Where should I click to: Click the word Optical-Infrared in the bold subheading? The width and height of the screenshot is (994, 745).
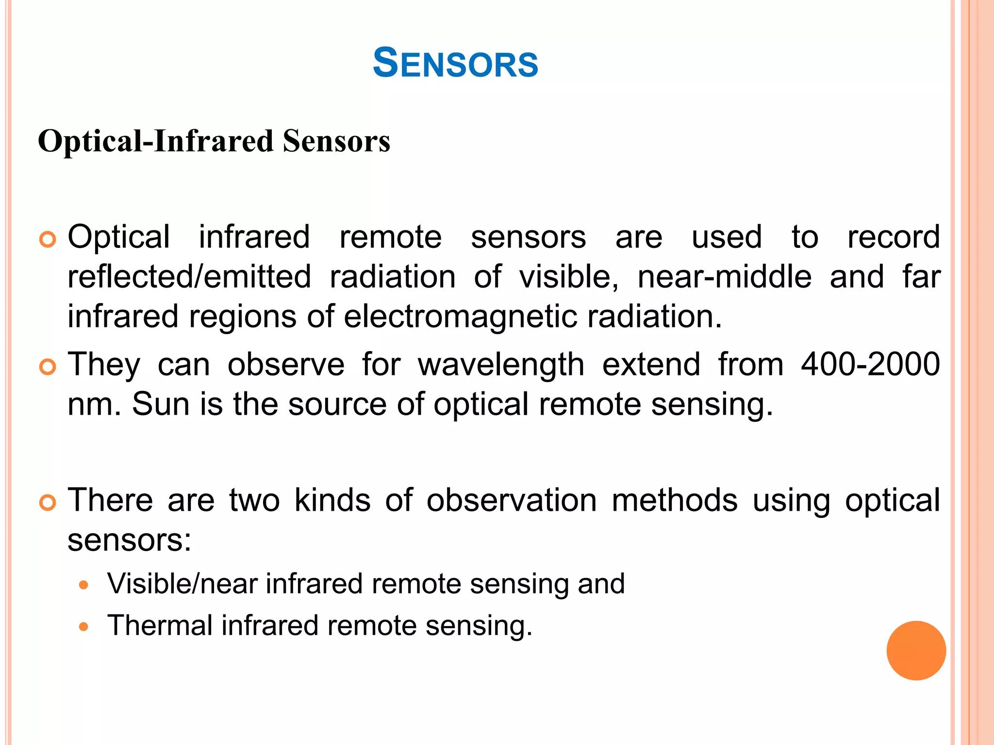pos(156,141)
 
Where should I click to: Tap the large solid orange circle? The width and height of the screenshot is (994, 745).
pos(916,650)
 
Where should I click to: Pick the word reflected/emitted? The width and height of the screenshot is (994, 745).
pos(189,276)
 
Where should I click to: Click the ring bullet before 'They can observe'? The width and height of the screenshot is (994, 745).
pos(48,367)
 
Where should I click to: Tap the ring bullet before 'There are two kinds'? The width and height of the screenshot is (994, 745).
pos(48,503)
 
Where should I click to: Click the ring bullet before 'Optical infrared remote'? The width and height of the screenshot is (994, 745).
pos(48,240)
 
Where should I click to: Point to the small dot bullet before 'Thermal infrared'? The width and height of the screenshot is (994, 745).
pos(83,627)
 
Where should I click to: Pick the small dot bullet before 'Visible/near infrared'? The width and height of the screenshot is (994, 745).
pos(83,585)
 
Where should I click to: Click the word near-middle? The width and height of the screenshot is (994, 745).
pos(724,276)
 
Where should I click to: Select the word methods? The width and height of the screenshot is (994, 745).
pos(675,500)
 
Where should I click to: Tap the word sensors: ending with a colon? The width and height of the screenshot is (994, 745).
pos(129,540)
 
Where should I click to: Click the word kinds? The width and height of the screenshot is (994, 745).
pos(332,500)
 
